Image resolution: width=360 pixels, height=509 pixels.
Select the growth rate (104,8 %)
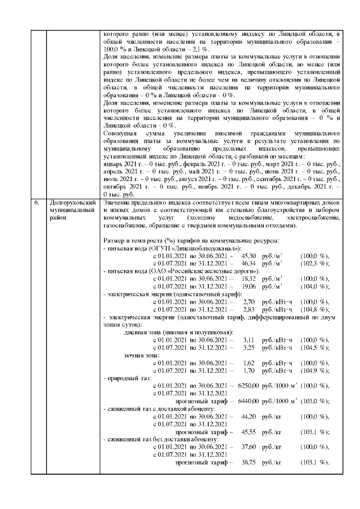coord(315,309)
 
